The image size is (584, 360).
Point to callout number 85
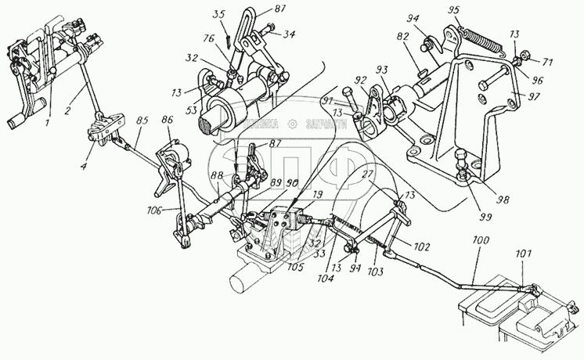point(141,122)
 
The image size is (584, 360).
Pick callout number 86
point(167,121)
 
